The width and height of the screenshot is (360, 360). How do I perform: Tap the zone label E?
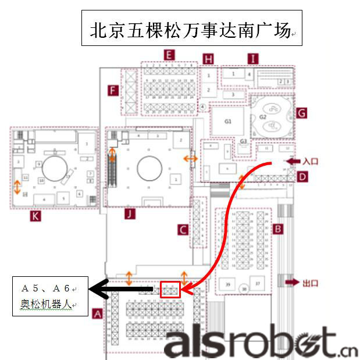click(168, 56)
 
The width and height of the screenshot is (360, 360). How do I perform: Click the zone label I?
click(252, 59)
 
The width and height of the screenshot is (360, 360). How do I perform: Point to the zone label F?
click(113, 90)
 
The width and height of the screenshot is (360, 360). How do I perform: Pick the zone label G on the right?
click(301, 113)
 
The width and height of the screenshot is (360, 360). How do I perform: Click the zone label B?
click(279, 229)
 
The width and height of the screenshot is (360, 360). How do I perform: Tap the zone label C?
click(183, 230)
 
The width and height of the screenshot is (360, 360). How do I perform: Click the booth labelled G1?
click(228, 122)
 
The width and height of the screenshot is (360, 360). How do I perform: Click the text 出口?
click(312, 283)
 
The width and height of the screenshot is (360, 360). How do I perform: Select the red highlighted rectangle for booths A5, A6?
click(170, 288)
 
